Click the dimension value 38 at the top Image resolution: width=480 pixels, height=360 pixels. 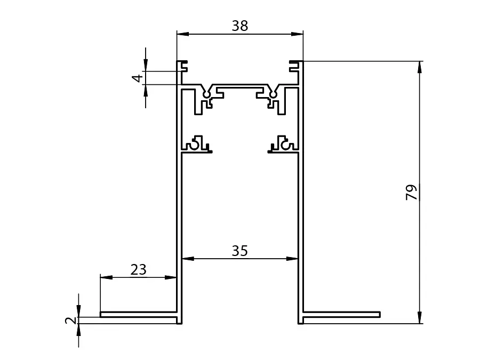239,26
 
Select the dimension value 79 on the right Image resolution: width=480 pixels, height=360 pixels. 411,192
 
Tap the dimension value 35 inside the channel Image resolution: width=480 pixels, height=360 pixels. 239,251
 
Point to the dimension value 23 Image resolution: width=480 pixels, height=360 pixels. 138,270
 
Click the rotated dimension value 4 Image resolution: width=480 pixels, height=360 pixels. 138,78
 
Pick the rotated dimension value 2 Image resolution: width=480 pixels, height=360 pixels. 71,320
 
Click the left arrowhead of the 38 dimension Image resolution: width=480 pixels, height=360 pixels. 183,34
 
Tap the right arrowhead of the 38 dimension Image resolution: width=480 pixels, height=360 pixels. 297,34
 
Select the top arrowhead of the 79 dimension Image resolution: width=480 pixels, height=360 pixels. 419,67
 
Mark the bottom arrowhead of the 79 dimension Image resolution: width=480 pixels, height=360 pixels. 419,317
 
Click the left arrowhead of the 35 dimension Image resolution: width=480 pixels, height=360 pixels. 188,259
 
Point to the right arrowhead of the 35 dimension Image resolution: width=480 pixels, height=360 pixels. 292,259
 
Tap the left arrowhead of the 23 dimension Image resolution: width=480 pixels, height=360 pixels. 106,277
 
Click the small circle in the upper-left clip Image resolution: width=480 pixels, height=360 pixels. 207,94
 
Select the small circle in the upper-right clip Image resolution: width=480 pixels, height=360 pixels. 272,94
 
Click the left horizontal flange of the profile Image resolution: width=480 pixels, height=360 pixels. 138,314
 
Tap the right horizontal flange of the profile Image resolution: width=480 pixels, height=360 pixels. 342,314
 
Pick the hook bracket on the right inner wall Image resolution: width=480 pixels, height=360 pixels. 283,144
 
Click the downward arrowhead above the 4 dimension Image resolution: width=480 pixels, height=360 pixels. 146,65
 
